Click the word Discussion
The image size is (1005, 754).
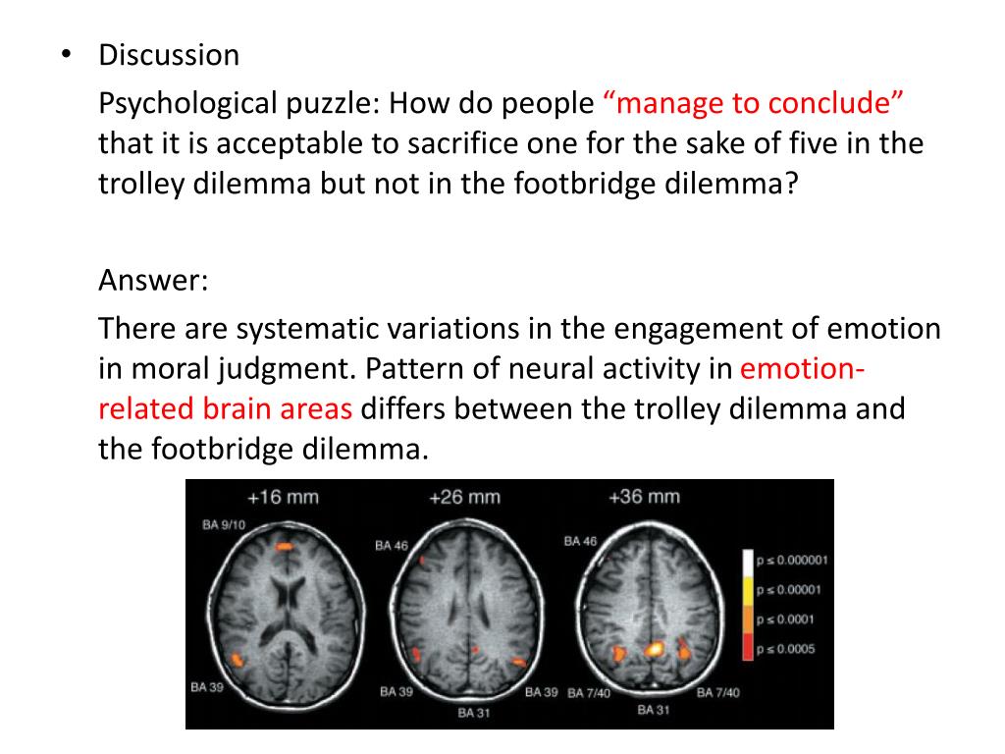click(168, 55)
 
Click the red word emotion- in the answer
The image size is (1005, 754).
click(802, 369)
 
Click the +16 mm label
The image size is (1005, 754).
click(283, 497)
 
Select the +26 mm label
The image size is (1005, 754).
click(464, 497)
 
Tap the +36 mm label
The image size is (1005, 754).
click(644, 497)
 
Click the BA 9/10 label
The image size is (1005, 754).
click(223, 525)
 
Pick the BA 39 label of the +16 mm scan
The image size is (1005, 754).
click(207, 687)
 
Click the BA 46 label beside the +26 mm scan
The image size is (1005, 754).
click(391, 546)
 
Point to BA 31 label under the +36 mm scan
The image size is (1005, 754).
click(653, 709)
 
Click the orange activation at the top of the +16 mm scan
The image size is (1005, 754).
click(285, 543)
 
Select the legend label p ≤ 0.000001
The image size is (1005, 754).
click(793, 561)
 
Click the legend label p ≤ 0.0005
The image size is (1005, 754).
click(786, 649)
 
